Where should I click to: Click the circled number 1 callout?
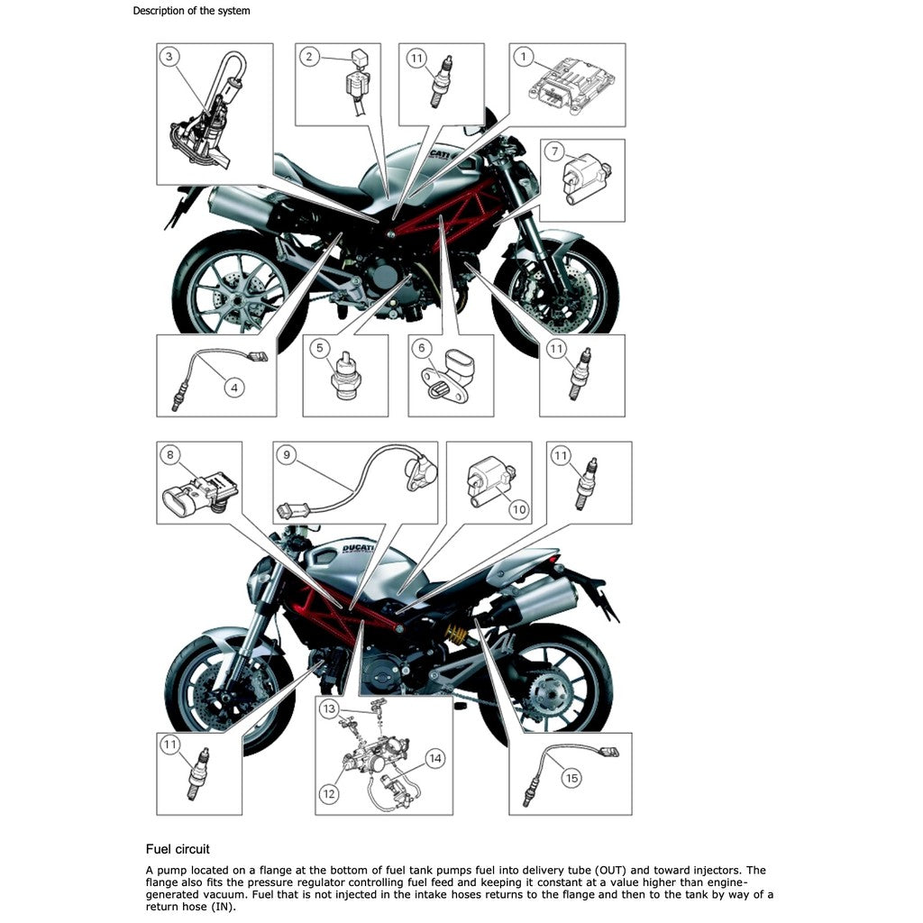[x=524, y=57]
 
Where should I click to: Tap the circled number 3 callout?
[x=169, y=57]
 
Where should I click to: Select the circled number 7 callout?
[x=554, y=151]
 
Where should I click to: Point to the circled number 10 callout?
[x=518, y=509]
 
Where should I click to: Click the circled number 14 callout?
[x=435, y=758]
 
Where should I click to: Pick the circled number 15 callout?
[x=571, y=778]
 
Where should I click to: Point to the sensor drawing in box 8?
[x=199, y=490]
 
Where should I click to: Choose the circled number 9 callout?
[x=287, y=455]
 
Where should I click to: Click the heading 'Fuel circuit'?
[x=178, y=849]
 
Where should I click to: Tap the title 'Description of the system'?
[x=191, y=11]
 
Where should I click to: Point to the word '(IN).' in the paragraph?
[x=224, y=907]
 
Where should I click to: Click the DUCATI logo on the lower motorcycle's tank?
[x=358, y=550]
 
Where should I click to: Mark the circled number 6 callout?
[x=422, y=348]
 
